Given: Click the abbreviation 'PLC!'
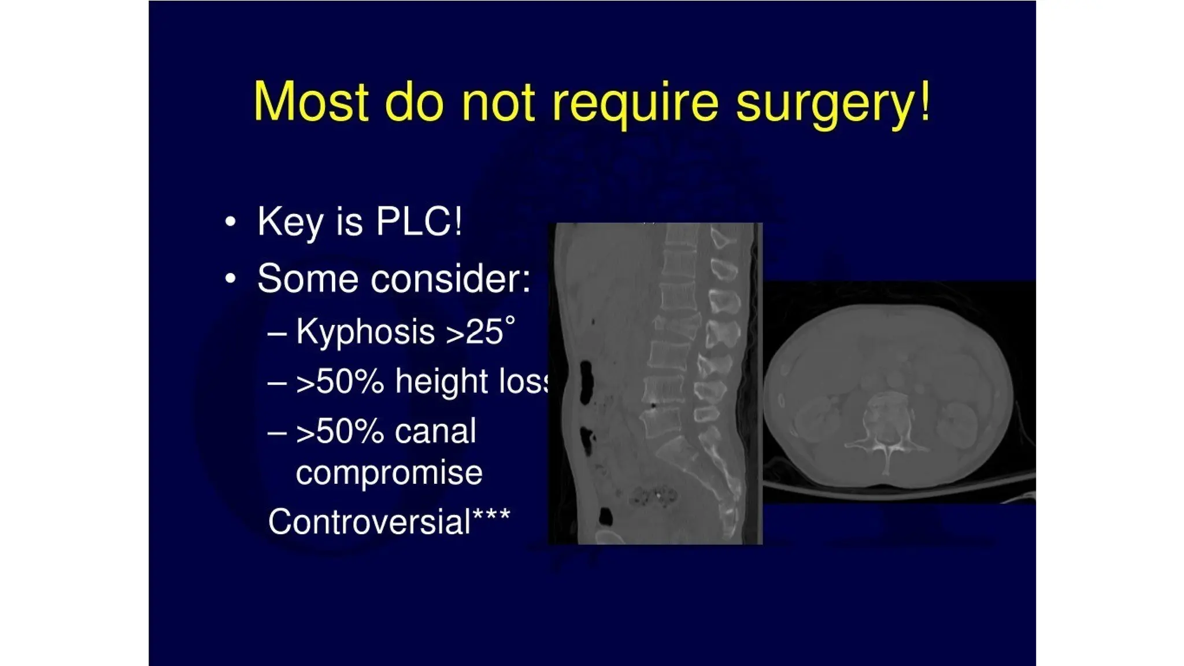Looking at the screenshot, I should (x=419, y=221).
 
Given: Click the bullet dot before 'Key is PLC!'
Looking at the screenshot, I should (x=231, y=222).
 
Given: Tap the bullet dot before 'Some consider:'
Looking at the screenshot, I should (x=231, y=279).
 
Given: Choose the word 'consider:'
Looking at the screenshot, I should (x=450, y=279).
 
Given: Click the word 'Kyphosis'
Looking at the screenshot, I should (x=365, y=332).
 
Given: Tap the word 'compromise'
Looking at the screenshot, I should (x=388, y=473).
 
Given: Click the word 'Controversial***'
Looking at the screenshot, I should (x=388, y=521).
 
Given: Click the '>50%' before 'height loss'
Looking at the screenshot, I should (x=340, y=382).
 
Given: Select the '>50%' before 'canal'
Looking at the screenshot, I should (x=340, y=431).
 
